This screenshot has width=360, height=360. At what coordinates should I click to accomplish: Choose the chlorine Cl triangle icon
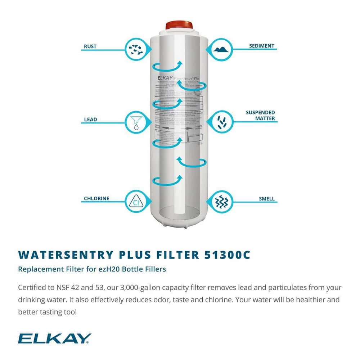tap(136, 201)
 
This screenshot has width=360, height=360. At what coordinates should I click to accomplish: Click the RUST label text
tap(90, 46)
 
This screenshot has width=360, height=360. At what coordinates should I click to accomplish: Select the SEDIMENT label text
tap(262, 46)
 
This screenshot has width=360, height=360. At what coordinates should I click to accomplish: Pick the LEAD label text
tap(90, 119)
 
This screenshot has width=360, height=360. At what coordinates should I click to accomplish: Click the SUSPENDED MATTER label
tap(260, 115)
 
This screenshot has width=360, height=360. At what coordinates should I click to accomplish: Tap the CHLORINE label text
tap(96, 198)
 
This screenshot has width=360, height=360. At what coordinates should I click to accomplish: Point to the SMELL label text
tap(266, 198)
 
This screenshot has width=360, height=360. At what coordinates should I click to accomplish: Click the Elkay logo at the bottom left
tap(55, 338)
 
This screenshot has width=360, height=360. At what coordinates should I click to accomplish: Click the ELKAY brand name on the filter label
tap(165, 77)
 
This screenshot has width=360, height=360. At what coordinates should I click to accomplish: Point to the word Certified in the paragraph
tap(31, 288)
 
